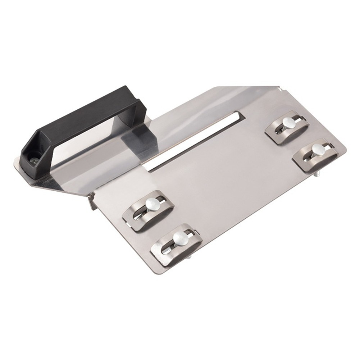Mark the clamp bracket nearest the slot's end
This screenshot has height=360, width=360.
pyautogui.click(x=287, y=129)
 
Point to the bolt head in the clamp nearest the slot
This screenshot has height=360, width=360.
pyautogui.click(x=288, y=122)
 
